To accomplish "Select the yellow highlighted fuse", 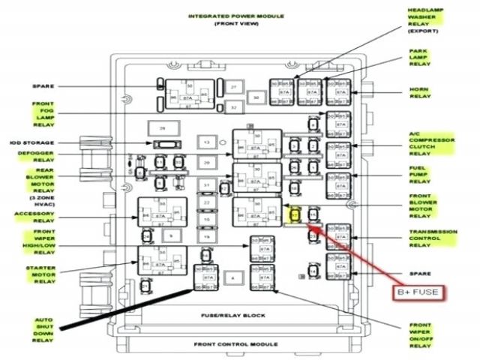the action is pos(295,216).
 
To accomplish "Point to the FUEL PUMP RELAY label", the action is pos(419,175).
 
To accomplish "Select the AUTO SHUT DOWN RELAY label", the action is pos(43,330).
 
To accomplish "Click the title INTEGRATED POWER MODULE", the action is pos(226,15).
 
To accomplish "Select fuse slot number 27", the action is pos(234,88).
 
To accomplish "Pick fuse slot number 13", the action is pos(205,142).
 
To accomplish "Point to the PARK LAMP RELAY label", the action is pos(418,58).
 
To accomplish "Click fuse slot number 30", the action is pos(256,97).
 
